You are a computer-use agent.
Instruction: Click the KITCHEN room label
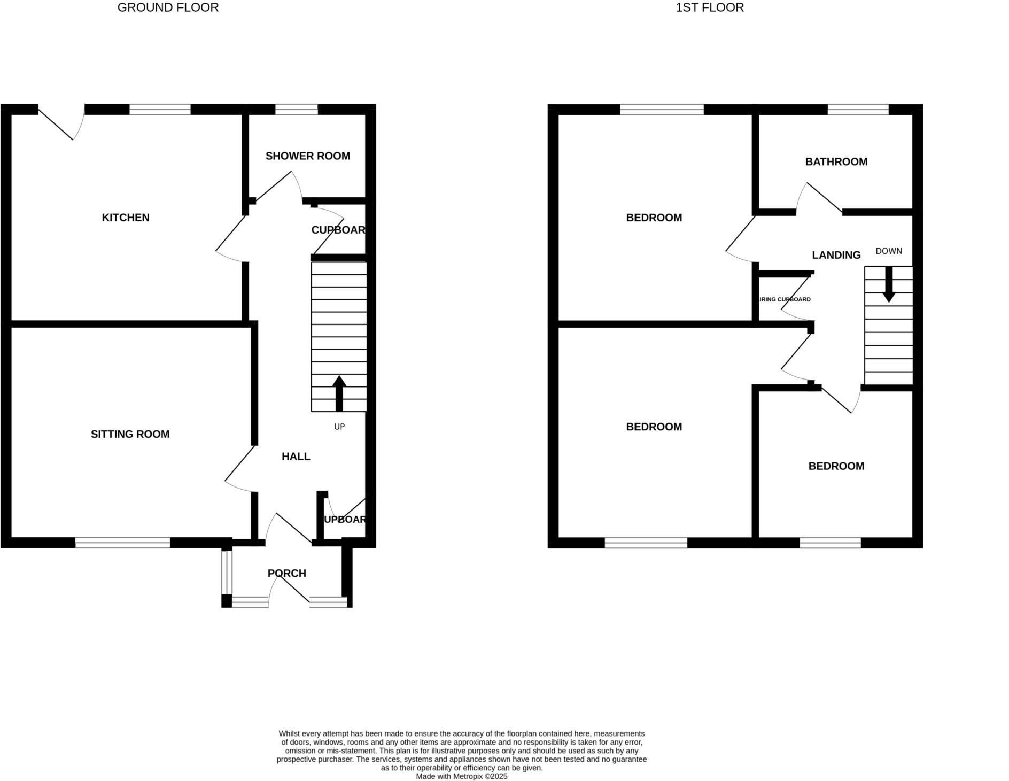(126, 218)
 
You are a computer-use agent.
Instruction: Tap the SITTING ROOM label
(130, 434)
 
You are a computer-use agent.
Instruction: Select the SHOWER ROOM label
(307, 156)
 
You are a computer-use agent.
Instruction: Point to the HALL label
(296, 457)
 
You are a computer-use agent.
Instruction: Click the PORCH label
(287, 573)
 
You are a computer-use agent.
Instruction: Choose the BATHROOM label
(836, 161)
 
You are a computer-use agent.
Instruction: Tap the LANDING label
(836, 255)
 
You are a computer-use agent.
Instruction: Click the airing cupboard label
(785, 299)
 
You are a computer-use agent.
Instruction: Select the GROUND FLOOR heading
(168, 7)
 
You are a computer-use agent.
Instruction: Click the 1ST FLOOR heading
(709, 7)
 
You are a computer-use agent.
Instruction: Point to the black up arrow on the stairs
(339, 393)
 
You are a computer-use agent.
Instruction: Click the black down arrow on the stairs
(888, 284)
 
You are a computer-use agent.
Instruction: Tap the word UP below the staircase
(339, 427)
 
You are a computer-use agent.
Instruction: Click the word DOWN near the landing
(888, 251)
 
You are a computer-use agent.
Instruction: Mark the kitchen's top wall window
(160, 110)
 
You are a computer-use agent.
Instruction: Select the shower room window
(296, 110)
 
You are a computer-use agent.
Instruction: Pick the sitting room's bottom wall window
(122, 543)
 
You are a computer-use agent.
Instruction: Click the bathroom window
(858, 110)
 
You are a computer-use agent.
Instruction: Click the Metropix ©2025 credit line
(461, 776)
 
